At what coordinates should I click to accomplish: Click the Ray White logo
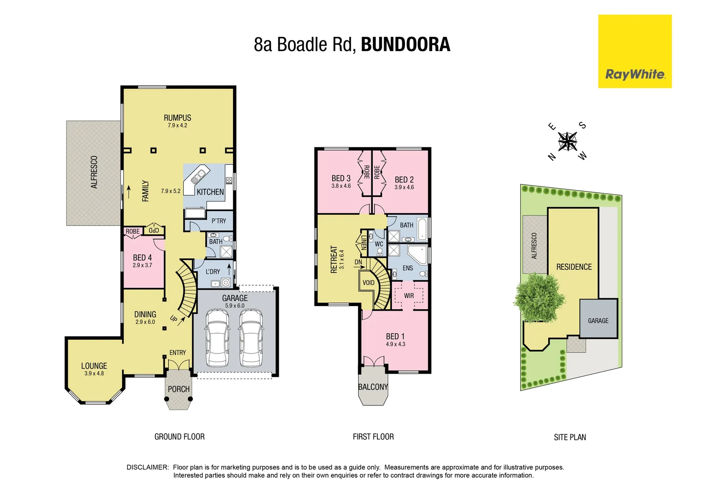tap(634, 74)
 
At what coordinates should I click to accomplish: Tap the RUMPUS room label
tap(177, 118)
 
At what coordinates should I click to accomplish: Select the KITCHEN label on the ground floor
tap(210, 192)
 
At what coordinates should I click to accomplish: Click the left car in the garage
tap(217, 337)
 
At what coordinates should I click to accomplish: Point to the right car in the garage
tap(251, 337)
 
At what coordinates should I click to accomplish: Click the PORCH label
tap(178, 389)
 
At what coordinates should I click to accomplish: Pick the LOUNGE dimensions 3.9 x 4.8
tap(94, 374)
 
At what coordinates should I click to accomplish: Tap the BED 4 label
tap(142, 258)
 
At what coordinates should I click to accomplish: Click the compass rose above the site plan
tap(568, 141)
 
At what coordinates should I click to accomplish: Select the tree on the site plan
tap(539, 297)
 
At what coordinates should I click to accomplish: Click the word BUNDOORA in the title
tap(405, 45)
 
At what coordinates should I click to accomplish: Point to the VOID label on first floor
tap(369, 283)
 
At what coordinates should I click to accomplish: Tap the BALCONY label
tap(373, 387)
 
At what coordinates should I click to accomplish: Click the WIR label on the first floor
tap(409, 295)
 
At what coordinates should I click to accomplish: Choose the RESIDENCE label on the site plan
tap(574, 267)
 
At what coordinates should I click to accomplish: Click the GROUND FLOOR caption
tap(179, 437)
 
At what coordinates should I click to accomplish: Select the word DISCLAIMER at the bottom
tap(148, 467)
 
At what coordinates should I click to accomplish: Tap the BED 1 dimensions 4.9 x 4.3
tap(395, 344)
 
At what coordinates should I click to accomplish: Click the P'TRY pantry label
tap(219, 221)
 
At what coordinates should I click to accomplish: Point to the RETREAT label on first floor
tap(334, 260)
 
